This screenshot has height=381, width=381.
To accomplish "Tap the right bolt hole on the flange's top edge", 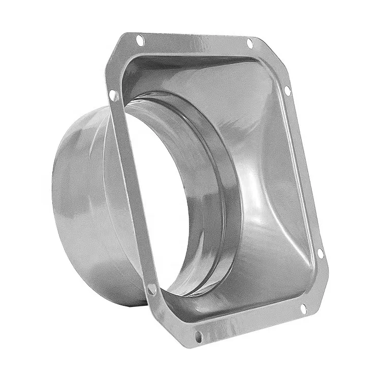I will click(x=249, y=42).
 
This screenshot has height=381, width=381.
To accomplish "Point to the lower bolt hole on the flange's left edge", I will click(x=151, y=289).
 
